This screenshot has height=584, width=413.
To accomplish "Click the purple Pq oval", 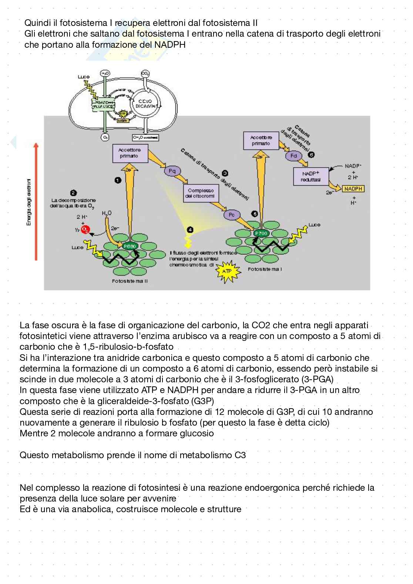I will coord(172,171).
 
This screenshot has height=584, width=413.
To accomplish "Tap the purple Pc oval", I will coord(232,214).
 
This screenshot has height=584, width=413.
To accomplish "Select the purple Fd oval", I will coord(293,156).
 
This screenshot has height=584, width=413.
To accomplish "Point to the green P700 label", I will coord(261,234).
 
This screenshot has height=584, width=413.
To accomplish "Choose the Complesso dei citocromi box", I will coord(201,193).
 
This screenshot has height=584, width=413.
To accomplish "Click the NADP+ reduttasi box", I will coord(310,176).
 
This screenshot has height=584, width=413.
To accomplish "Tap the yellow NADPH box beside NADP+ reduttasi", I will coord(353,189).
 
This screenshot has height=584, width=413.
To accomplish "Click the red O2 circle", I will coord(85,229).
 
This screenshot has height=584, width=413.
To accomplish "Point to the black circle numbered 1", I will coord(118,180).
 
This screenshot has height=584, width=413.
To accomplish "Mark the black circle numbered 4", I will coord(190,230).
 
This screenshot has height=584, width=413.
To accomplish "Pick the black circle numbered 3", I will coord(224,173).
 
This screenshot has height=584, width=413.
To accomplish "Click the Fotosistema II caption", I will coord(130,281).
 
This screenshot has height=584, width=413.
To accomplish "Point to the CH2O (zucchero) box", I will coord(145,138).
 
